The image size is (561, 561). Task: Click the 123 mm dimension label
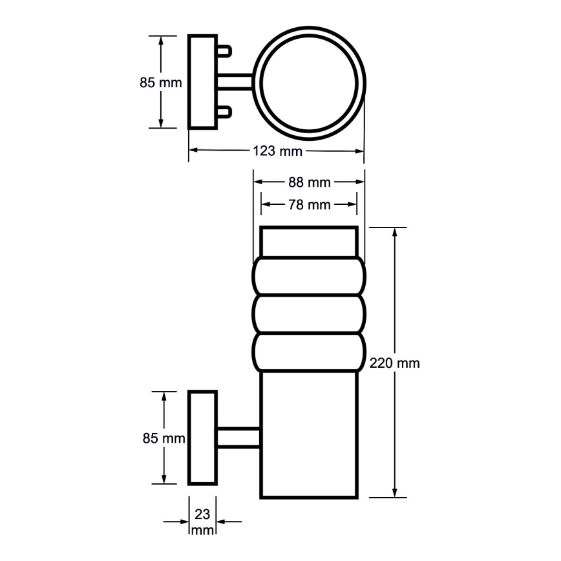(x=277, y=152)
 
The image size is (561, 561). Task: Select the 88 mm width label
(x=309, y=182)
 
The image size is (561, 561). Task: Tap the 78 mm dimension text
(x=309, y=205)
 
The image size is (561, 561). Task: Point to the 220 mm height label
(x=394, y=363)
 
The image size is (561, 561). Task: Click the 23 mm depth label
(x=202, y=522)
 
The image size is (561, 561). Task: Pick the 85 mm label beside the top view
(x=160, y=83)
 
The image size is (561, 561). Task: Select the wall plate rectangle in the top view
(x=202, y=82)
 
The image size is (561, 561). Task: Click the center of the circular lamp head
(x=309, y=83)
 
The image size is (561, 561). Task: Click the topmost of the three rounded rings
(x=309, y=276)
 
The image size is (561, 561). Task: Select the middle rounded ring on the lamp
(x=309, y=314)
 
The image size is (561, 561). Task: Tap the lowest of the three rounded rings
(x=309, y=352)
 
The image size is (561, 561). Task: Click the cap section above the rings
(x=309, y=242)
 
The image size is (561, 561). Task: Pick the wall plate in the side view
(x=202, y=438)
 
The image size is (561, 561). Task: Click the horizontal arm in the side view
(x=238, y=438)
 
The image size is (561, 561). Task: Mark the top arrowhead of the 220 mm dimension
(x=394, y=233)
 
